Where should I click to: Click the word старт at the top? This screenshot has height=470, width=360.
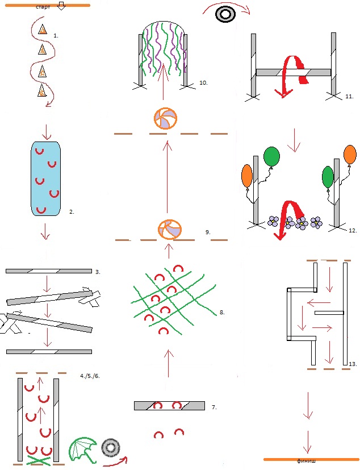coord(43,7)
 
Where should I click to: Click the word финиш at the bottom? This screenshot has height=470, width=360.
coord(306,460)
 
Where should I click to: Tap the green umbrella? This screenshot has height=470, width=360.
coord(83,450)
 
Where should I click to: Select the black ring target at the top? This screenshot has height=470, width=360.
coord(225,14)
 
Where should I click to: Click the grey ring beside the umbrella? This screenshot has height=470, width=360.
coord(111,448)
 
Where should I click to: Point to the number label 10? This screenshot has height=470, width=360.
coord(203,83)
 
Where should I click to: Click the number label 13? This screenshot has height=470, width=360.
coord(353,364)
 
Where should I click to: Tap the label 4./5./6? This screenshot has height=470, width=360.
coord(90,376)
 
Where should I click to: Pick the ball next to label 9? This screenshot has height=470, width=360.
coord(170,230)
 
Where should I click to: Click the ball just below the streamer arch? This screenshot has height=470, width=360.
coord(165,118)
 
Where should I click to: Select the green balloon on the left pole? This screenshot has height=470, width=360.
coord(271,156)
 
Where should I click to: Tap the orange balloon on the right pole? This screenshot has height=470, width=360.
coord(350,155)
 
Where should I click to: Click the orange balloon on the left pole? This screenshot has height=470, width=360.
coord(247,176)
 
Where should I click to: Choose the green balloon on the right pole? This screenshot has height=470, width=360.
coord(328,177)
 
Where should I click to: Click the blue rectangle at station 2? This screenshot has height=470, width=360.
coord(46,178)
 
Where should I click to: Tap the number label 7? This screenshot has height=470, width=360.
coord(214,407)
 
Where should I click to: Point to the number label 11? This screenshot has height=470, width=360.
coord(349,97)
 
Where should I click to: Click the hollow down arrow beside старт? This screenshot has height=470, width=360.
coord(61,6)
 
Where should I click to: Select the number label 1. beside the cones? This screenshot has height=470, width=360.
coord(56,36)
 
